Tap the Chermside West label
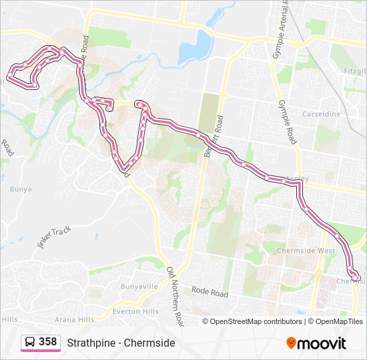[308, 251]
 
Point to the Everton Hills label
[135, 311]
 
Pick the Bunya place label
[20, 189]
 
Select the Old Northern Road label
[174, 297]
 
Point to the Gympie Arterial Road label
[284, 27]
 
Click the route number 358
[47, 342]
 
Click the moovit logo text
[322, 343]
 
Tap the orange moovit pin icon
[292, 343]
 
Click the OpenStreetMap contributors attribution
[256, 321]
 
